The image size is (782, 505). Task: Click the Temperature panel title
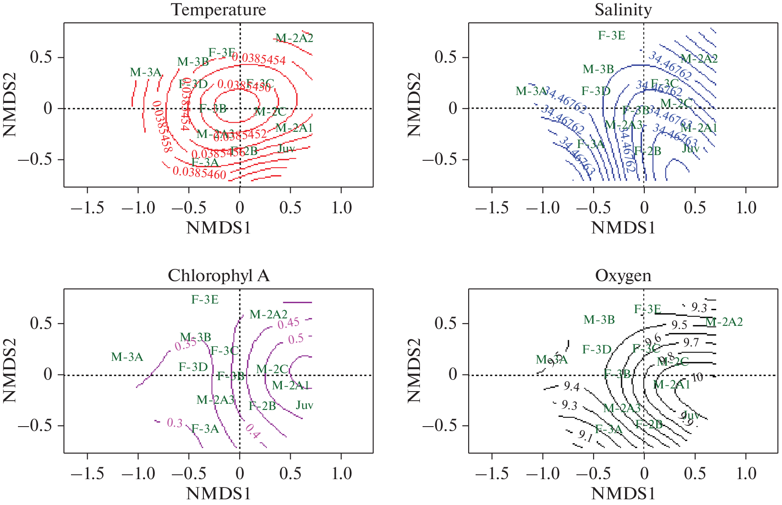218,10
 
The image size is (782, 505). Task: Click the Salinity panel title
623,10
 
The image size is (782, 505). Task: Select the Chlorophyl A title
218,275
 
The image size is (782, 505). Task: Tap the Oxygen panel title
623,275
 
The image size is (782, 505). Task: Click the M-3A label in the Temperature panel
146,72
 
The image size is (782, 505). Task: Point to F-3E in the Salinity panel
611,35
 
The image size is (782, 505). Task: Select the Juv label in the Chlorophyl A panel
304,405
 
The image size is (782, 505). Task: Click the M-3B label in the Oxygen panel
599,320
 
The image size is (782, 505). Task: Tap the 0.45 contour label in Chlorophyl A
288,324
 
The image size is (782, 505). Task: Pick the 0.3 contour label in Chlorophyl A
174,423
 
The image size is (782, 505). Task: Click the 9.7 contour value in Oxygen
691,342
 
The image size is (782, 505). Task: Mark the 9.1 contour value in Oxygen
585,436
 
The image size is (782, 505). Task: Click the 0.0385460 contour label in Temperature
199,172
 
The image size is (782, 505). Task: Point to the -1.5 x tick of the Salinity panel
492,208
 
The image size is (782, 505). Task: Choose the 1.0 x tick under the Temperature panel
341,208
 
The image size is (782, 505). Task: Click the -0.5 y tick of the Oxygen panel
440,425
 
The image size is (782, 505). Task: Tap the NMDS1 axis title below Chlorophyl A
218,494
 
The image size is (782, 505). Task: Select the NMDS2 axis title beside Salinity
414,105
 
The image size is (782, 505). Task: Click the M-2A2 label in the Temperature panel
294,39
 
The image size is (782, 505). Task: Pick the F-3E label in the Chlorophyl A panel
205,300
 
